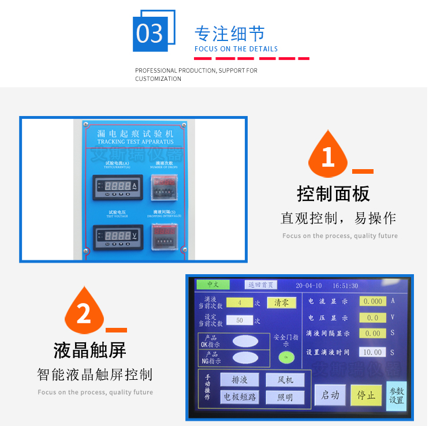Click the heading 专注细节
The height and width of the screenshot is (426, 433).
point(229,33)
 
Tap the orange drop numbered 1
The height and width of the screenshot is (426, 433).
point(328,155)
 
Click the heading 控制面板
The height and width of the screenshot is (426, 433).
point(333,193)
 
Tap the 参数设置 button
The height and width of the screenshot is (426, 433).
point(396,395)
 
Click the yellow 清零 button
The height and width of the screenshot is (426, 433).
point(281,302)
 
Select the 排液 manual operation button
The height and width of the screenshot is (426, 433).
point(239,380)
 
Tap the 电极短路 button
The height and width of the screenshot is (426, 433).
point(239,397)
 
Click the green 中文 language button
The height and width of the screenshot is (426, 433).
point(212,285)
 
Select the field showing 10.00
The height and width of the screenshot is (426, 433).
point(372,352)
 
